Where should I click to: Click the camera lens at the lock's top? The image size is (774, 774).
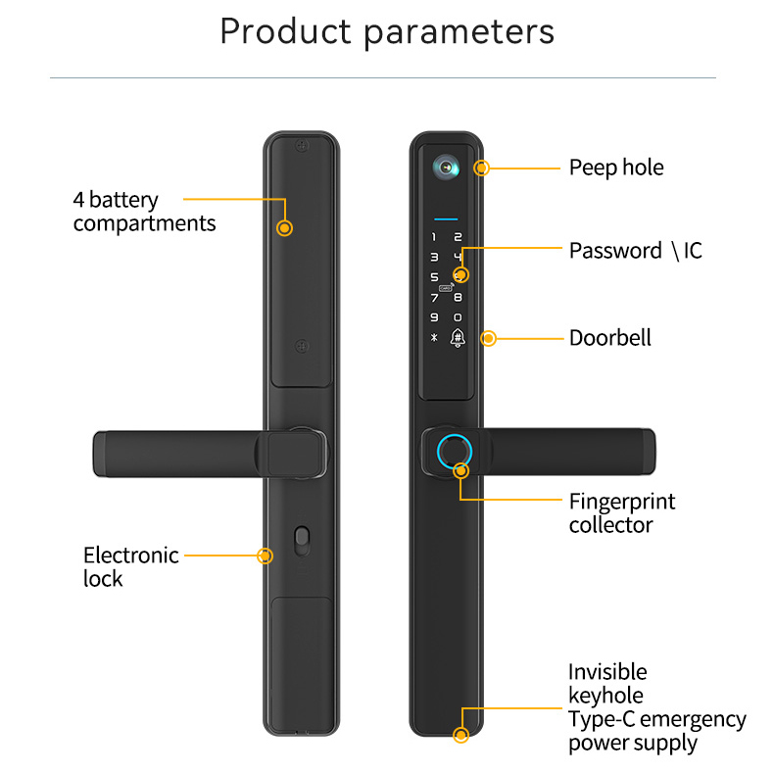446,168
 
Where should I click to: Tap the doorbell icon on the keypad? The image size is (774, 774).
458,338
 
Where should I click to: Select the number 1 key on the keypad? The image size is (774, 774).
434,237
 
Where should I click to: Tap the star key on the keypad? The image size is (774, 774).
434,338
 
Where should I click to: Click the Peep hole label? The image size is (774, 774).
616,168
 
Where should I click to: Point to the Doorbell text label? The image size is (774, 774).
610,338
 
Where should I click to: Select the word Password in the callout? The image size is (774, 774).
615,251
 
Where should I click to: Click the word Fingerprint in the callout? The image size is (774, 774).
622,502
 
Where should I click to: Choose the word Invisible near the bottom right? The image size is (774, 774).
607,672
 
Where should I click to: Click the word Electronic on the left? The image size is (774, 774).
131,556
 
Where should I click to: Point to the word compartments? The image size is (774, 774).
144,223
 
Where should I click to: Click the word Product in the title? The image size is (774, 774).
285,31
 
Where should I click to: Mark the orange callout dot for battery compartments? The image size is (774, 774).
284,228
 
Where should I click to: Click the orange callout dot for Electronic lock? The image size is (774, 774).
266,556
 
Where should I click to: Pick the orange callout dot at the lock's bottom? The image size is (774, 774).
461,735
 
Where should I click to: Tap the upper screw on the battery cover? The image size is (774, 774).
302,146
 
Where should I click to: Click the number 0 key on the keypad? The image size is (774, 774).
458,317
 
